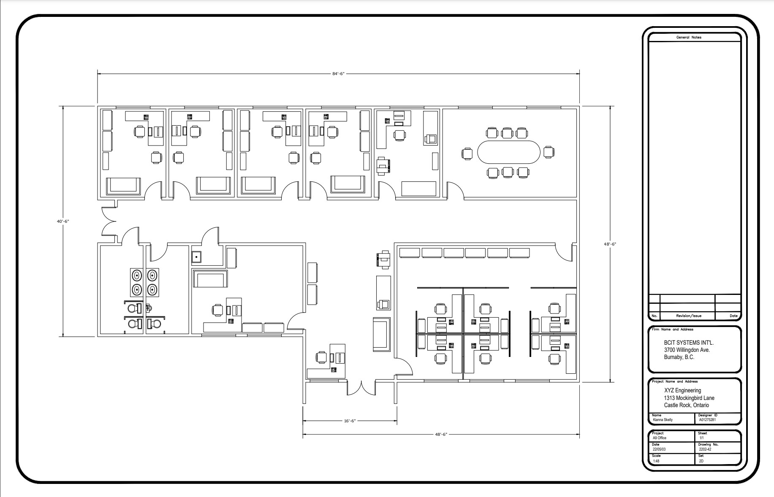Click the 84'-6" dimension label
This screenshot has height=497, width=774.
click(x=338, y=74)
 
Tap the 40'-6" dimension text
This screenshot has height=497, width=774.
click(x=63, y=221)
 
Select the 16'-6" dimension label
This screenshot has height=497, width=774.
click(x=349, y=421)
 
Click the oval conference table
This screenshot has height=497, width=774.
click(x=508, y=152)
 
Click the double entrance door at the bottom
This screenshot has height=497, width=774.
click(x=361, y=388)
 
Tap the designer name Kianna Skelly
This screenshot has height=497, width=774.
click(x=663, y=420)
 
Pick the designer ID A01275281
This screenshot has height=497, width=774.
click(x=707, y=420)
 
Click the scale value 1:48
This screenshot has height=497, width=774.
click(x=657, y=461)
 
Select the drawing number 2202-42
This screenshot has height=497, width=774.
click(x=705, y=449)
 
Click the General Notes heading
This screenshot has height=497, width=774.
click(x=689, y=38)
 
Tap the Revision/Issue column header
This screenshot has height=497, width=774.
click(x=689, y=316)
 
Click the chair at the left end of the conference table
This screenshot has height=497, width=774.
click(x=467, y=153)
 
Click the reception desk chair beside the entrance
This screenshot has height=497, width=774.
click(x=321, y=357)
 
